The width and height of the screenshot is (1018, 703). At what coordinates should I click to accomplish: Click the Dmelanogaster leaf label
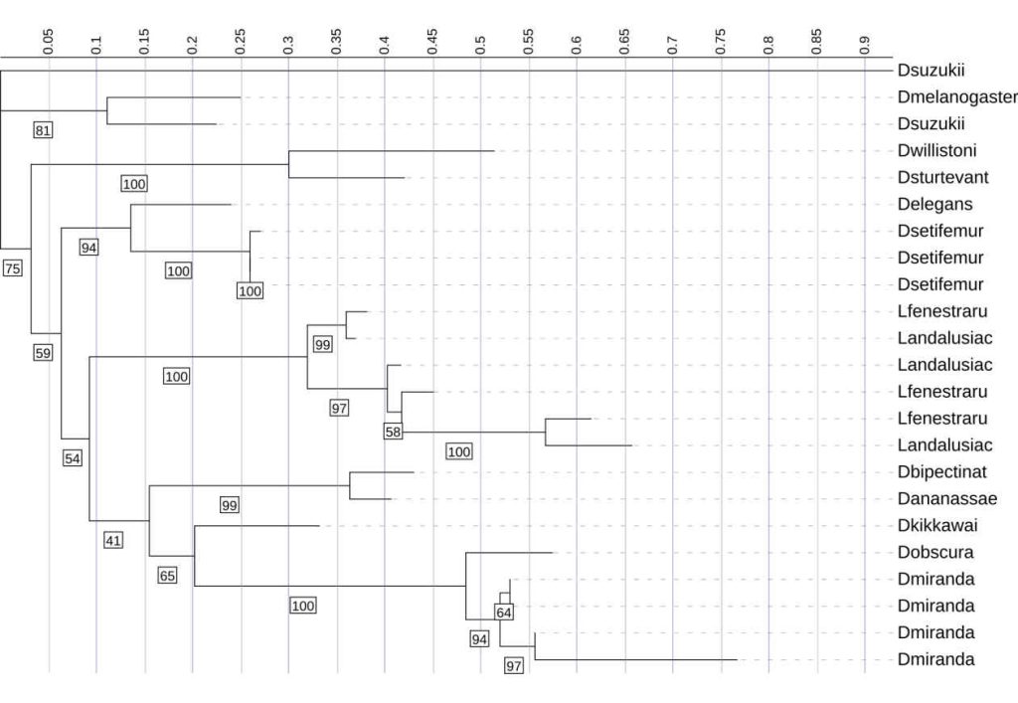[x=957, y=96]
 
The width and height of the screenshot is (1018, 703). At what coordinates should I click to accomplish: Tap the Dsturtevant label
[x=942, y=177]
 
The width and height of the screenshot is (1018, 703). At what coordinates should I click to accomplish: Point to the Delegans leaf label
[x=934, y=205]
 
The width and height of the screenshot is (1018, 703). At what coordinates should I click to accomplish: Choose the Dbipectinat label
[x=942, y=472]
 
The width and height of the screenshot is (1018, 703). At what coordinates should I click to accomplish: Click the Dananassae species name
[x=947, y=498]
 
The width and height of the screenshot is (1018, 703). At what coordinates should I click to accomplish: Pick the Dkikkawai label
[x=937, y=525]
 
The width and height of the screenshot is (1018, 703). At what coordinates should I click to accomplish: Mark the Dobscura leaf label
[x=935, y=553]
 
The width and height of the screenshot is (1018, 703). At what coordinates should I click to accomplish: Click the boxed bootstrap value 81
[x=43, y=130]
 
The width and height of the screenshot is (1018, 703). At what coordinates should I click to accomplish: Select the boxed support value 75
[x=12, y=268]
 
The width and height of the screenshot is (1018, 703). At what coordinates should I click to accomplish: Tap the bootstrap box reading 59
[x=43, y=353]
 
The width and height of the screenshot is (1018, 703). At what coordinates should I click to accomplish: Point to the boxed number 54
[x=72, y=459]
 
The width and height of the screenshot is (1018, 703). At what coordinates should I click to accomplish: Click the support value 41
[x=113, y=540]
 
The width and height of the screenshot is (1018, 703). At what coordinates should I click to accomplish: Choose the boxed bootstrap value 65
[x=167, y=576]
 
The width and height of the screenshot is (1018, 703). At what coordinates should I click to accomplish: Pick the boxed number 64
[x=504, y=613]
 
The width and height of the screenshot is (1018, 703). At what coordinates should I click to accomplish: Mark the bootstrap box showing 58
[x=393, y=432]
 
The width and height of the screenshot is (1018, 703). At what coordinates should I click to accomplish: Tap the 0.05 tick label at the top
[x=48, y=42]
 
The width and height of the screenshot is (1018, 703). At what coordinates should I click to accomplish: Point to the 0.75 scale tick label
[x=721, y=42]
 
